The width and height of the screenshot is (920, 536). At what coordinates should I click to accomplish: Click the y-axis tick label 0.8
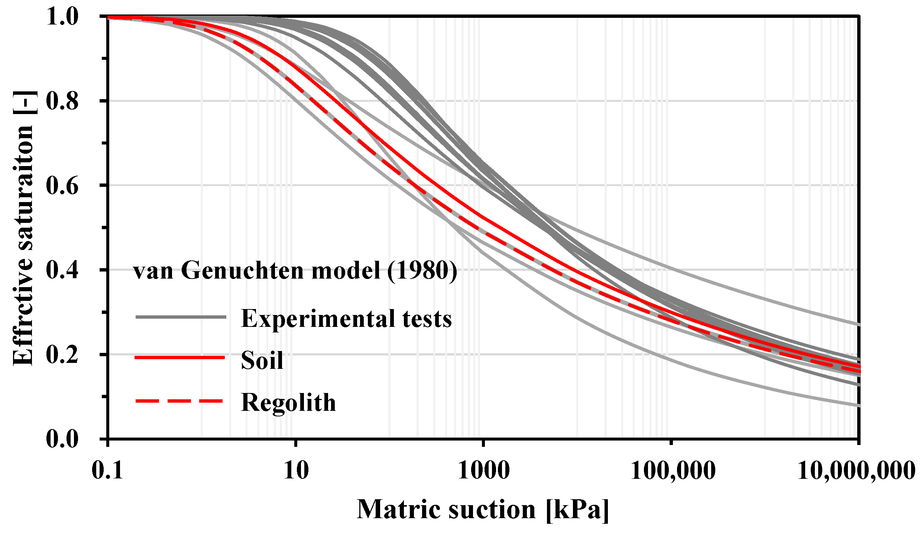click(x=62, y=101)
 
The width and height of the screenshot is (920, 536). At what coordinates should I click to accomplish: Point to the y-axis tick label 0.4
click(x=62, y=270)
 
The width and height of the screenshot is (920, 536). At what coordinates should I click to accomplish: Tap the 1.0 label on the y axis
click(x=62, y=17)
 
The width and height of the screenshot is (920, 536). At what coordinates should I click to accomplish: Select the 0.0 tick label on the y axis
click(x=62, y=439)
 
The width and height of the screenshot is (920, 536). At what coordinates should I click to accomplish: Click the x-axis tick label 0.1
click(x=107, y=471)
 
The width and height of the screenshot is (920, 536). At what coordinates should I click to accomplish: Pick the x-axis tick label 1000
click(x=483, y=471)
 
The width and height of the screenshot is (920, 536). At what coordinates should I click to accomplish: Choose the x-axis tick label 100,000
click(x=673, y=471)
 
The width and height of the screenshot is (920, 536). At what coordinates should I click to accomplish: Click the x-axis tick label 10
click(x=296, y=471)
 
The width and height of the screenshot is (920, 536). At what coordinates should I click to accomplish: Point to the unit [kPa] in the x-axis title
click(x=577, y=509)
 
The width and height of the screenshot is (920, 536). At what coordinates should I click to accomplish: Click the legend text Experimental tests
click(x=346, y=319)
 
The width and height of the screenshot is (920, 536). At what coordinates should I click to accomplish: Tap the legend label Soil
click(x=262, y=360)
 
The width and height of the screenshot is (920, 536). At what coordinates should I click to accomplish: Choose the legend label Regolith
click(x=288, y=403)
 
